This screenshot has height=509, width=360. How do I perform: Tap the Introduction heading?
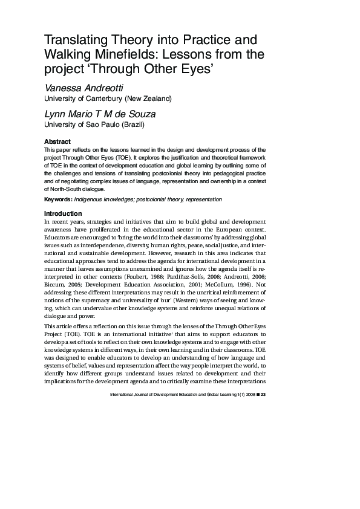[x=63, y=214]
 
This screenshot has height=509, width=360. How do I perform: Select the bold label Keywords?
[x=58, y=199]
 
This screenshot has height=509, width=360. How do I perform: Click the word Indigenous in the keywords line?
[x=91, y=199]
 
